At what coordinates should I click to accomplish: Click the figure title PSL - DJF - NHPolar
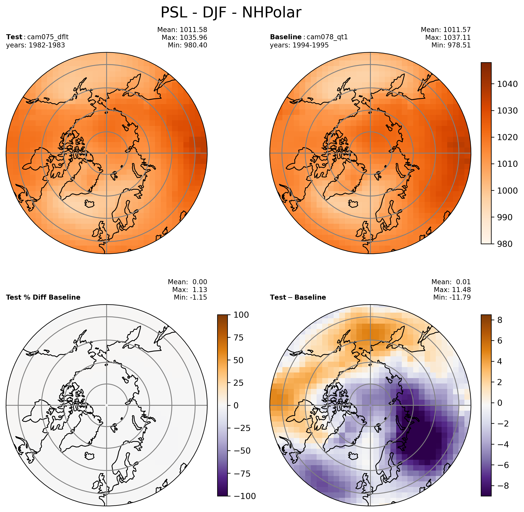[x=231, y=13]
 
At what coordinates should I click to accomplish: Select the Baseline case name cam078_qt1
[x=327, y=37]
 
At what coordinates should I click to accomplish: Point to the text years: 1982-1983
[x=35, y=45]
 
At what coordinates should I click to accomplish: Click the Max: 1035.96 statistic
[x=184, y=37]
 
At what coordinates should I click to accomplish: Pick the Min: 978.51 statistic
[x=451, y=45]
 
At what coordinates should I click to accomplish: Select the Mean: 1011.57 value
[x=446, y=30]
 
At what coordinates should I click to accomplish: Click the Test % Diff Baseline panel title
[x=43, y=297]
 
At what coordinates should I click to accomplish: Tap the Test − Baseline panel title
[x=298, y=297]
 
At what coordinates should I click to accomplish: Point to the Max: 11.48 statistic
[x=452, y=290]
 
